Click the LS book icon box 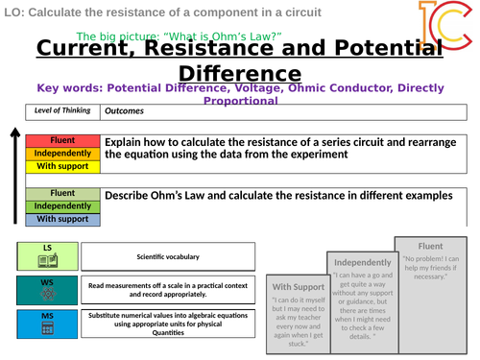click(47, 256)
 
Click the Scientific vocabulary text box click(168, 256)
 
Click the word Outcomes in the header click(124, 109)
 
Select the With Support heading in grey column click(299, 287)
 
